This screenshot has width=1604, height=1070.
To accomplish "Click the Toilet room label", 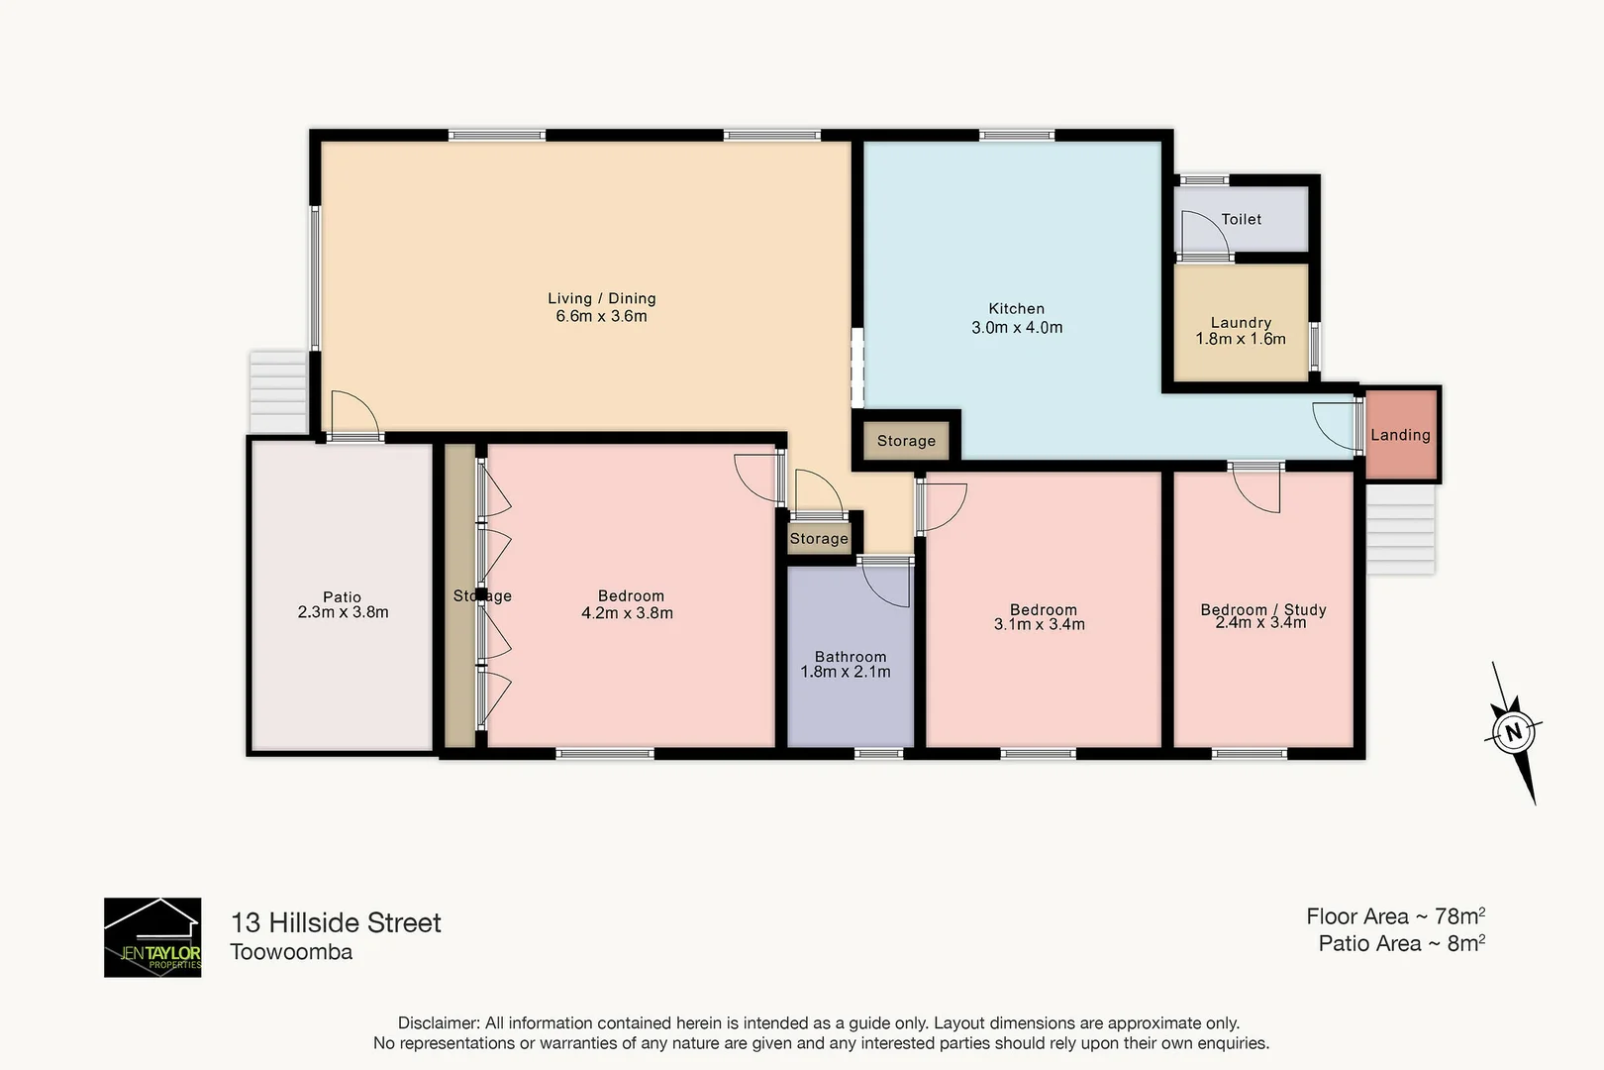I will pos(1241,219).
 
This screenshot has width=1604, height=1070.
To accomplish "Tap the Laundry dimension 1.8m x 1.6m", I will pos(1241,339).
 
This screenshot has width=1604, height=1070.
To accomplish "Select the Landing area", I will pos(1400,435).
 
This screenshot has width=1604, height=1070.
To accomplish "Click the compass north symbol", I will pos(1513,733).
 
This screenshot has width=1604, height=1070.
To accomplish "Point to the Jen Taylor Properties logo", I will pos(152,937).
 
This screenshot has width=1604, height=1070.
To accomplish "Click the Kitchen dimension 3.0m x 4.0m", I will pos(1017,328).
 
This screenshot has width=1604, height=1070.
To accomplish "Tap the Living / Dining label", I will pos(602,298).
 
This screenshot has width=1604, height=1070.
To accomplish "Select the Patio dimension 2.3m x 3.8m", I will pos(343,612).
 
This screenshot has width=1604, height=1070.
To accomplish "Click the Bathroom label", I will pos(851,656).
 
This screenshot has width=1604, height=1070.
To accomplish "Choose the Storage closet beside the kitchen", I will pos(906,441).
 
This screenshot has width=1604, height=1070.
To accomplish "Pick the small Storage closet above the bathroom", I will pos(819,538).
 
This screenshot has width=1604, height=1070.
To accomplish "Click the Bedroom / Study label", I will pos(1263,609).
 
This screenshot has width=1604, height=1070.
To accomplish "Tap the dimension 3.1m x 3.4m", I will pos(1040,625).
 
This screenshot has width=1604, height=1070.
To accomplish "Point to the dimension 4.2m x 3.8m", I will pos(627,613).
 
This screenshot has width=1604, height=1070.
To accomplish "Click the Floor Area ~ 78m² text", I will pos(1395,916).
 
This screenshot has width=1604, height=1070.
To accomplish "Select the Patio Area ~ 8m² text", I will pos(1401,943).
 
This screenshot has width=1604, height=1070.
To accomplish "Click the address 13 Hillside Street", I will pos(336,922).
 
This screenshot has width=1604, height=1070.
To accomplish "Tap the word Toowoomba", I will pos(291,952).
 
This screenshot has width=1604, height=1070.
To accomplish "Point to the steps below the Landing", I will pos(1401,529).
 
